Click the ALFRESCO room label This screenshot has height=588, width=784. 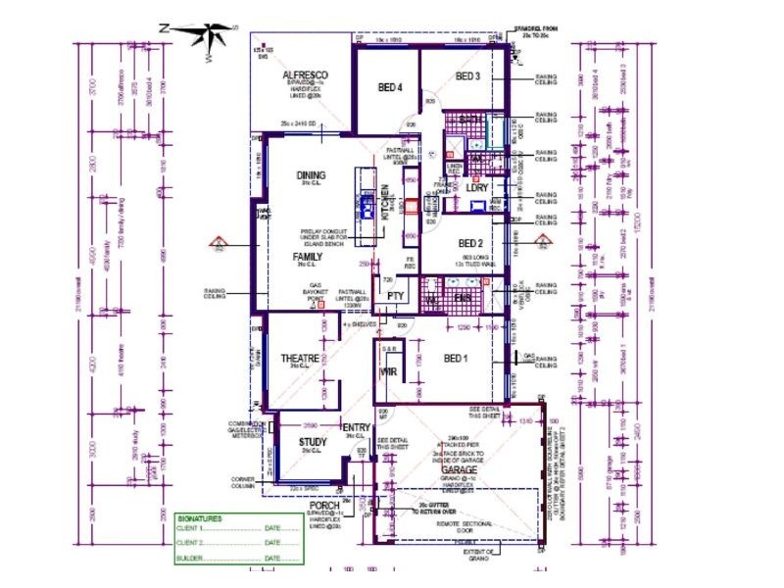click(x=305, y=74)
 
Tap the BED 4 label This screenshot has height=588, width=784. click(x=391, y=87)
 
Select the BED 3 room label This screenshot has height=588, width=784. click(x=467, y=76)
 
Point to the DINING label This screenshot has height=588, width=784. click(x=311, y=175)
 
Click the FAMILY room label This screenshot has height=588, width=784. click(x=307, y=257)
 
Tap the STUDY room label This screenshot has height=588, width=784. click(x=313, y=441)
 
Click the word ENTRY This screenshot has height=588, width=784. click(x=356, y=428)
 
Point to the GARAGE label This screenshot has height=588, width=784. click(x=458, y=470)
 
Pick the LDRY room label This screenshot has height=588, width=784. click(x=476, y=187)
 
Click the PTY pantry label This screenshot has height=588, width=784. click(x=396, y=295)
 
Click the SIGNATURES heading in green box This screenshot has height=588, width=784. click(x=200, y=518)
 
